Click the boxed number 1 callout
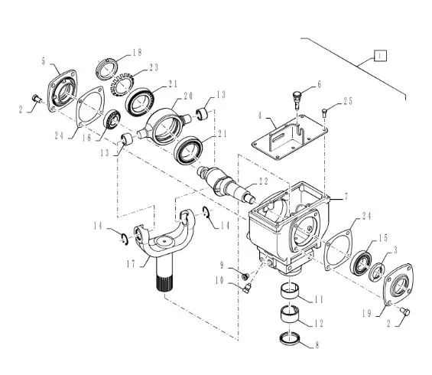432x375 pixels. coord(381,56)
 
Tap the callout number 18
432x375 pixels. coord(137,52)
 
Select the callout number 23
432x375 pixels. coord(154,67)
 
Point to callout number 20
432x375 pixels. coord(188,96)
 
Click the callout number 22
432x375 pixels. coord(263,181)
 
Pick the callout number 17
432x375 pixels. coord(132,264)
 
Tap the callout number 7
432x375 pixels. coord(346,197)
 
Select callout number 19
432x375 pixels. coord(367,313)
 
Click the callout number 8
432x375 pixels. coord(317,345)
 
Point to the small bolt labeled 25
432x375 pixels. coord(324,112)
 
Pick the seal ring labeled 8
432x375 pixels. coord(290,339)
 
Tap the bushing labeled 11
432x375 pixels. coord(290,291)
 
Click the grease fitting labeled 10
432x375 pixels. coord(247,289)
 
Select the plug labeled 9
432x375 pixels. coord(245,276)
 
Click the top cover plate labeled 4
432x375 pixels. coord(289,137)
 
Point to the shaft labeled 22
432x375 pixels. coord(226,184)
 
